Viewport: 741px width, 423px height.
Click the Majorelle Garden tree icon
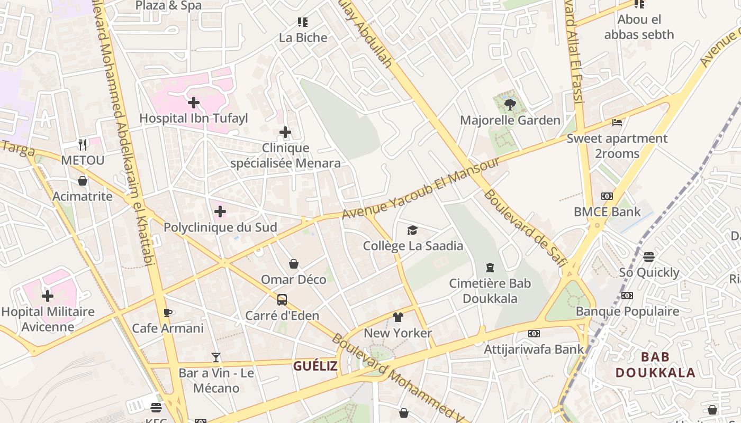click(x=510, y=104)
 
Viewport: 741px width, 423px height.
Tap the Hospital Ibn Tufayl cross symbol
click(x=194, y=102)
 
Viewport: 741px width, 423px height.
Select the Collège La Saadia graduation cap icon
click(x=412, y=230)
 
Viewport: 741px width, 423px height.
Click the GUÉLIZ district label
click(x=315, y=365)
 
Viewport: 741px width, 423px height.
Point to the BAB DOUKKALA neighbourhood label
click(x=655, y=365)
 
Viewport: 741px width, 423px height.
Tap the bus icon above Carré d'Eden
click(x=282, y=300)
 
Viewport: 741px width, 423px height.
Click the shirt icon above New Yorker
click(x=398, y=317)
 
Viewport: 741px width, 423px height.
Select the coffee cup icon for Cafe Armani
click(x=168, y=312)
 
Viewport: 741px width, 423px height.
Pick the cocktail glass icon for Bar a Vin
click(x=216, y=357)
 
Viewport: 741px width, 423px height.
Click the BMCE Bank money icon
click(x=607, y=196)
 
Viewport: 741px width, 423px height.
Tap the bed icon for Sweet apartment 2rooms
click(x=617, y=123)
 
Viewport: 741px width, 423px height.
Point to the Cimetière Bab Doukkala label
click(x=490, y=291)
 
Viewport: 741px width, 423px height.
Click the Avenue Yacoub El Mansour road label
click(x=420, y=188)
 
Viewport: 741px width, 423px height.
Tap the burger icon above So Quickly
click(x=649, y=257)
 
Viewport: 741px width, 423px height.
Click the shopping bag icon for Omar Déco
click(x=294, y=264)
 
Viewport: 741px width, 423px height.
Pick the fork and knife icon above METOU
click(x=83, y=144)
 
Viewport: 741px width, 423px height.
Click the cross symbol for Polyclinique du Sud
click(x=220, y=212)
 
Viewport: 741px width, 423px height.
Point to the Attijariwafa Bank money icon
click(x=534, y=334)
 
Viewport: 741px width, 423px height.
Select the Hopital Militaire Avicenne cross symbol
click(x=48, y=296)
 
